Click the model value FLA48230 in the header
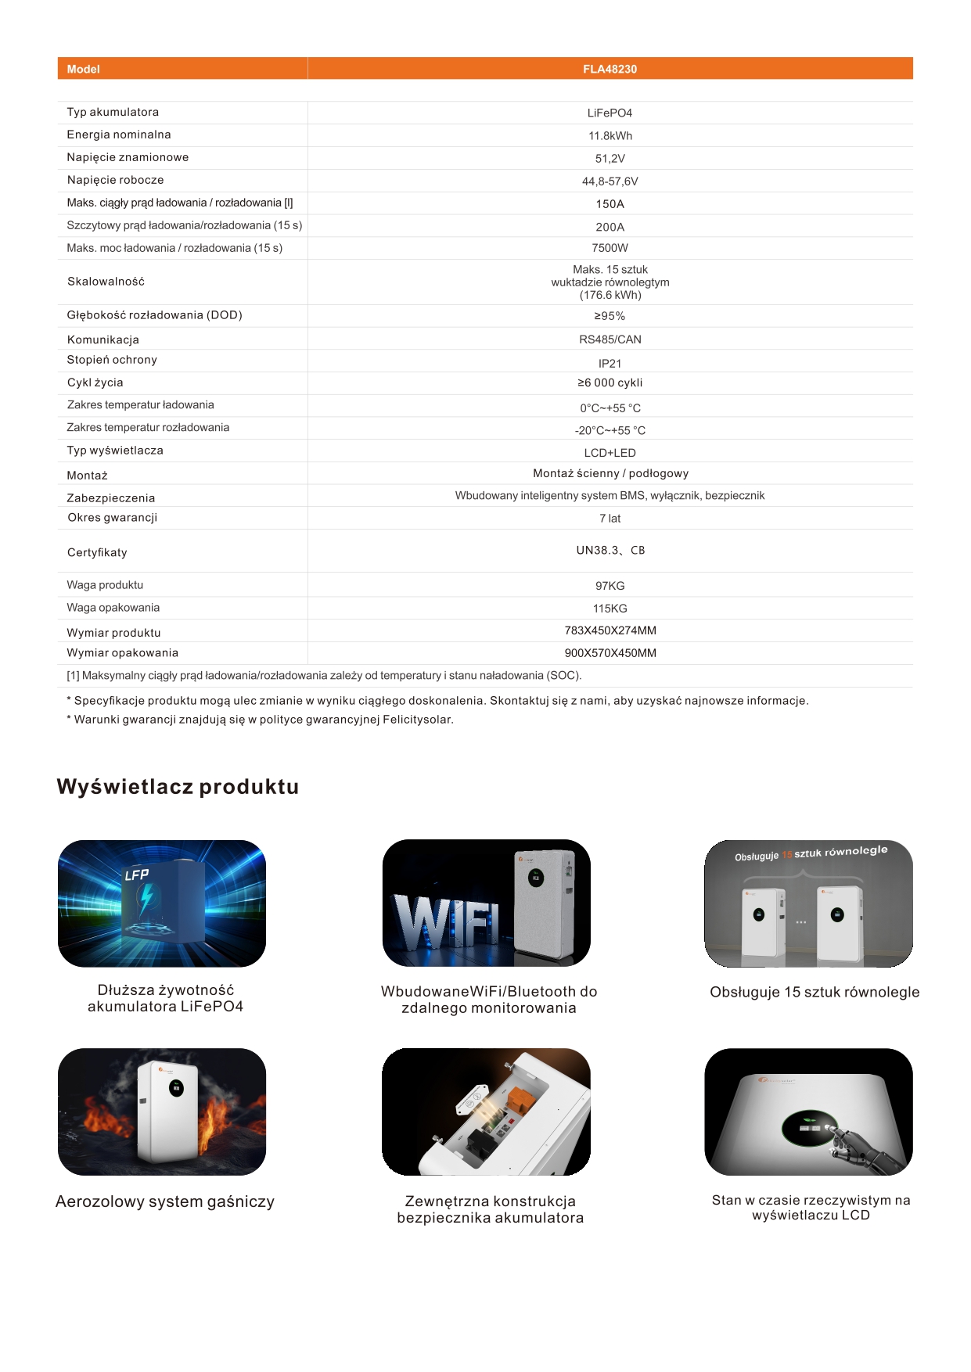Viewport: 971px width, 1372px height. click(610, 69)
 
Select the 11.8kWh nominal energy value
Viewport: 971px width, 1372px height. click(610, 135)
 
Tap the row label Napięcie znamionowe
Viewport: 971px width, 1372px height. click(128, 157)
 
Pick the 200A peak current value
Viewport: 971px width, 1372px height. click(610, 227)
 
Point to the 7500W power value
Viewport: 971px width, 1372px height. click(610, 248)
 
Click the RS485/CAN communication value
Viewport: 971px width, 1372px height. click(610, 339)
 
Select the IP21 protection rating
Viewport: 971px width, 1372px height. click(610, 363)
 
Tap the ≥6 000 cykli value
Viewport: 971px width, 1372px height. click(610, 383)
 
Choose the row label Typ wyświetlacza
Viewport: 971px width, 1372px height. click(115, 451)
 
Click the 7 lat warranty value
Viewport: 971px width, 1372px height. click(610, 519)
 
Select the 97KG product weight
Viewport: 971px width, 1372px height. click(610, 586)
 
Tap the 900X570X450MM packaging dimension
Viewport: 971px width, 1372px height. click(610, 653)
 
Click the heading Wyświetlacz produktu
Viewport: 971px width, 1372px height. click(178, 786)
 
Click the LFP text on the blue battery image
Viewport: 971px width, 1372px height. click(137, 875)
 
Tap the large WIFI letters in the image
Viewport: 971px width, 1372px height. click(446, 923)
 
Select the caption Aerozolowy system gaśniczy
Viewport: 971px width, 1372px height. click(165, 1201)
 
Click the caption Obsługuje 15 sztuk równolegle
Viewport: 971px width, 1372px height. click(815, 992)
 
